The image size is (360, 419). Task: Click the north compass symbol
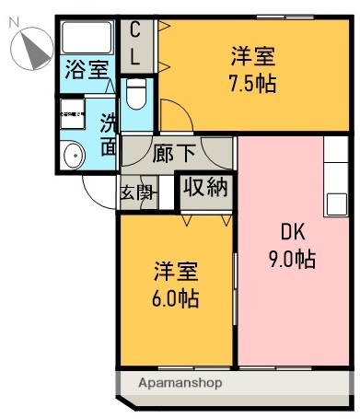coord(35,47)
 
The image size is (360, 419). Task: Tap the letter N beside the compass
coord(12,29)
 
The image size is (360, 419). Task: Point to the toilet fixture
coord(135,93)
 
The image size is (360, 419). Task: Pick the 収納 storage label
coord(204,188)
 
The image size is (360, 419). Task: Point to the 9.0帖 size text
coord(291,259)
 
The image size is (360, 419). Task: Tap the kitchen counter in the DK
coord(335,175)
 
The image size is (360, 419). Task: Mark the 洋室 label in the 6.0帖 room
coord(175,273)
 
